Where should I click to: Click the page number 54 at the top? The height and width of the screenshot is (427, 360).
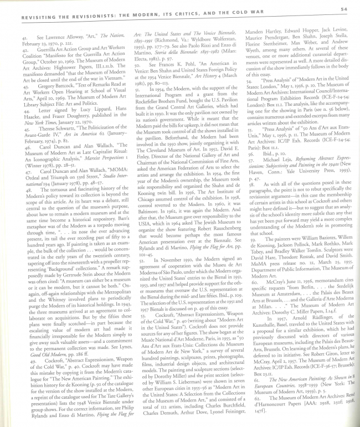pos(343,9)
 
